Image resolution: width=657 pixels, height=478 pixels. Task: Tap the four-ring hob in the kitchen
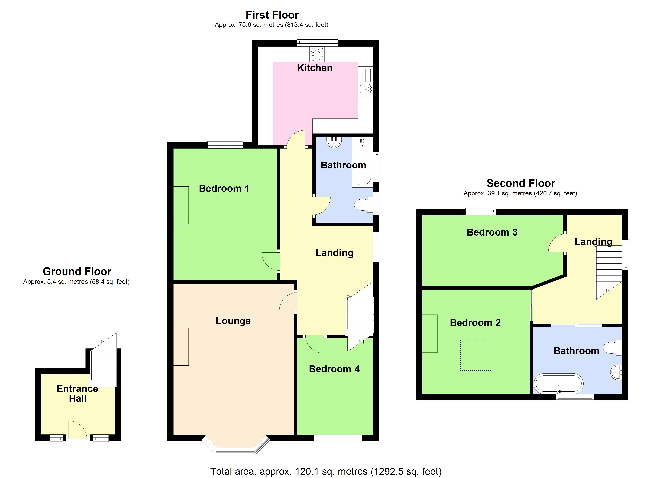click(x=317, y=54)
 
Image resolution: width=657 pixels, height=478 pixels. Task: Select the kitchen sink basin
click(x=365, y=89)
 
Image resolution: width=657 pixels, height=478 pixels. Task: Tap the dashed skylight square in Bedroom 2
click(x=476, y=355)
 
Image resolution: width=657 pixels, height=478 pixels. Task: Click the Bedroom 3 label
click(x=492, y=232)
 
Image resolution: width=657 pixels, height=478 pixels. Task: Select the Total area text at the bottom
click(x=326, y=472)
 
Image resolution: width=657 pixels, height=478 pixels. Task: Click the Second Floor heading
click(x=521, y=183)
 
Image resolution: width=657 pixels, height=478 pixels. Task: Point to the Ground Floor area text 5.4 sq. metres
click(x=76, y=282)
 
